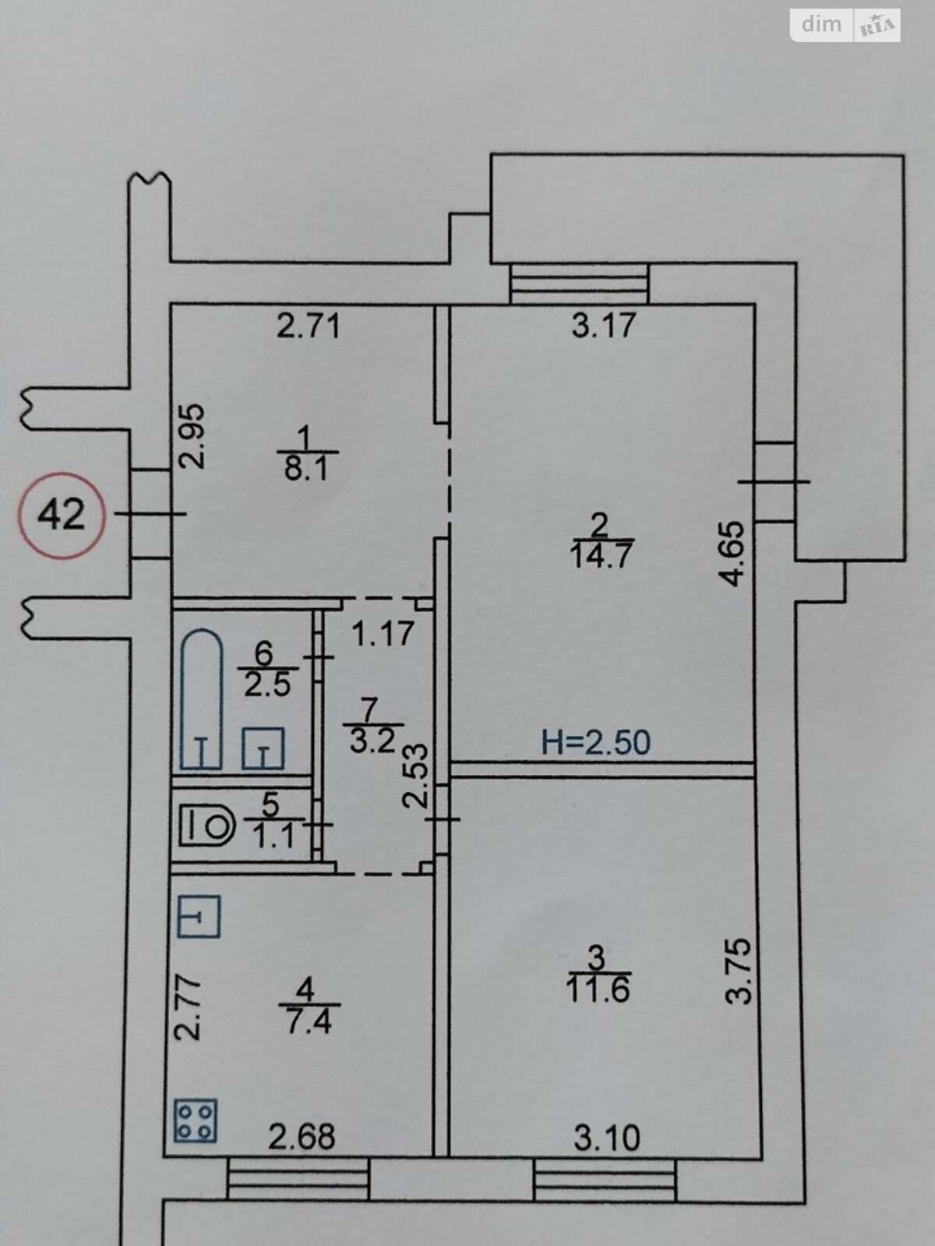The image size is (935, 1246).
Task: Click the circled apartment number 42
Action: (62, 515)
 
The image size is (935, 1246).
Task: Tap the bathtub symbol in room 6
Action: (202, 699)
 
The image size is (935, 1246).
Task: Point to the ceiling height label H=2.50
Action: (596, 742)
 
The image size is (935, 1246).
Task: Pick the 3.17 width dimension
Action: (603, 326)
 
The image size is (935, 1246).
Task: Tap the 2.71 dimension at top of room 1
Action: (309, 326)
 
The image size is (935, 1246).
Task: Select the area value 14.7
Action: (602, 555)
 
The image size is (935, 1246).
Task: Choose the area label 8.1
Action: (306, 469)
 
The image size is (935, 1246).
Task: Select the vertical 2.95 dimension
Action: (192, 436)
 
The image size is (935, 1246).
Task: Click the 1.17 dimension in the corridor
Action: (383, 633)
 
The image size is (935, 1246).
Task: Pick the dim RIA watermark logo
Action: (845, 25)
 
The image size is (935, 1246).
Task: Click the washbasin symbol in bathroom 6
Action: (263, 748)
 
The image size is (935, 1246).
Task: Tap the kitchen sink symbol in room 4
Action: (199, 916)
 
